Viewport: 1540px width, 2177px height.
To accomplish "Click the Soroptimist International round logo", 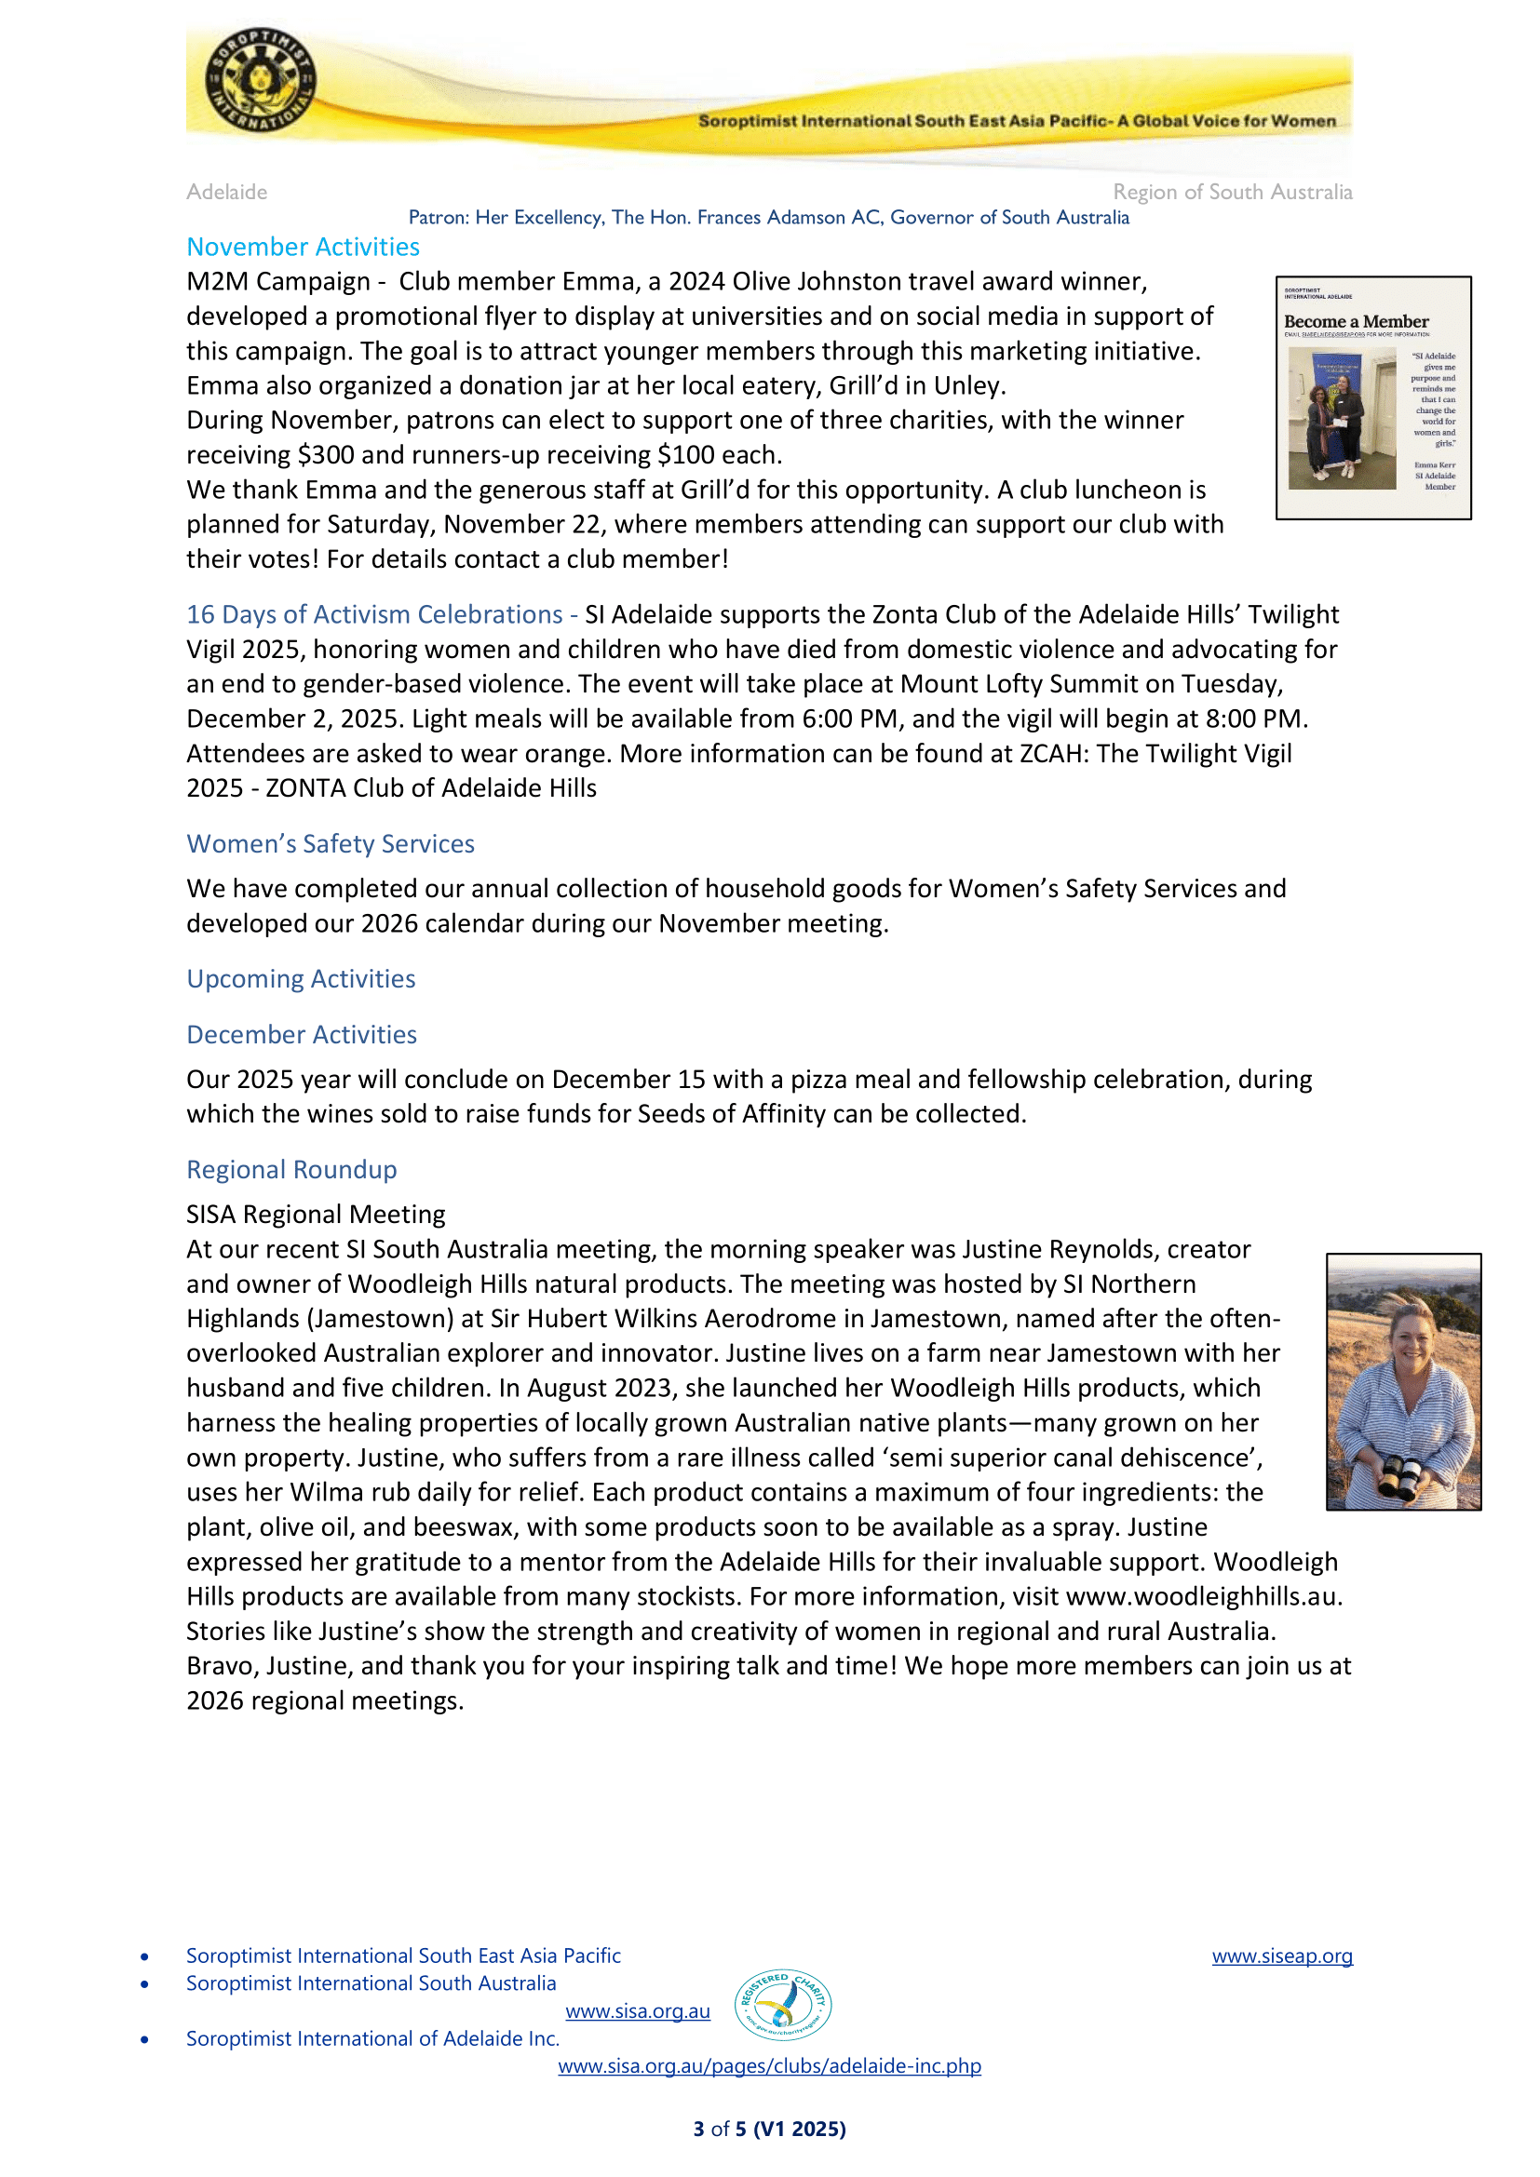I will [x=261, y=80].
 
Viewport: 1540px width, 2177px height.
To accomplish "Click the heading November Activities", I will [x=303, y=247].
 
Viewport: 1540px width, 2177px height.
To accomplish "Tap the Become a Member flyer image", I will [x=1372, y=397].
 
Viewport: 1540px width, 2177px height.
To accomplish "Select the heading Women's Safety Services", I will [x=330, y=844].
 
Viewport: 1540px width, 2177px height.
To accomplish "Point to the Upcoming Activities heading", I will [x=301, y=978].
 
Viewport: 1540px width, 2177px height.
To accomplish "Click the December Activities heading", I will [x=302, y=1034].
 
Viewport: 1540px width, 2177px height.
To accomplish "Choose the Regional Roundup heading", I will [x=291, y=1169].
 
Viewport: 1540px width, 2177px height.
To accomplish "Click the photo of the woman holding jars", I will [x=1402, y=1381].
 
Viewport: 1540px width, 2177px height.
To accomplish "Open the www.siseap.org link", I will [x=1281, y=1955].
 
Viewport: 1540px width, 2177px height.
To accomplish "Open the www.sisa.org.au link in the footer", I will [x=637, y=2011].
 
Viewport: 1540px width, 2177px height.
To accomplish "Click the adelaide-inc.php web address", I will [x=769, y=2066].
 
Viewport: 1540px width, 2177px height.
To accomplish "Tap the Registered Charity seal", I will [x=783, y=2005].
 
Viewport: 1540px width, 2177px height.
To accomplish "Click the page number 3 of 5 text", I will [x=769, y=2129].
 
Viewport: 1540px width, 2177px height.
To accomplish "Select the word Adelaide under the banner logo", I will [x=226, y=193].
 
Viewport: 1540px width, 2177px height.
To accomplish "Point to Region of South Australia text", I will [x=1232, y=193].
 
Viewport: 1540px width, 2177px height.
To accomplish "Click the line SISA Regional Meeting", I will [x=315, y=1215].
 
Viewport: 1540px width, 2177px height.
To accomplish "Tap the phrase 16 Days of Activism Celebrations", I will [x=374, y=614].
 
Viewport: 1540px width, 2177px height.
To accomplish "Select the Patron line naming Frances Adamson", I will [x=768, y=217].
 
